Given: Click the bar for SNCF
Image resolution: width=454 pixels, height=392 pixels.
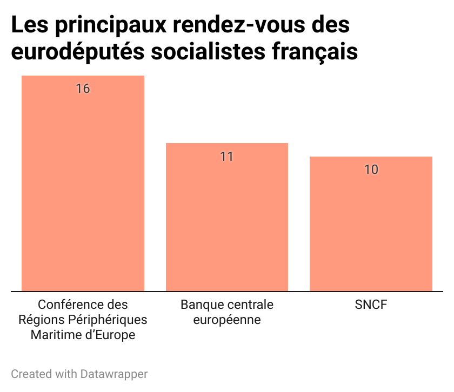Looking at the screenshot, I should point(371,224).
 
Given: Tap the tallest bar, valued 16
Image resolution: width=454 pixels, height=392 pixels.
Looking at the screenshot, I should point(83,184).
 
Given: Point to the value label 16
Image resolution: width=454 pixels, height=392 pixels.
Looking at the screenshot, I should point(83,89).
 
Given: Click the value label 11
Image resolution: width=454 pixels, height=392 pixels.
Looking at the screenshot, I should point(226,157).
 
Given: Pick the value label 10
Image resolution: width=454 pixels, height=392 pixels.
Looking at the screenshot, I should point(371,170).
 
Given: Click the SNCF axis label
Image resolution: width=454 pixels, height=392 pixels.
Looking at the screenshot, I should point(371,305).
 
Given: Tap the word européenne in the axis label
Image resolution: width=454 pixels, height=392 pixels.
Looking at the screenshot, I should point(227,320).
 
